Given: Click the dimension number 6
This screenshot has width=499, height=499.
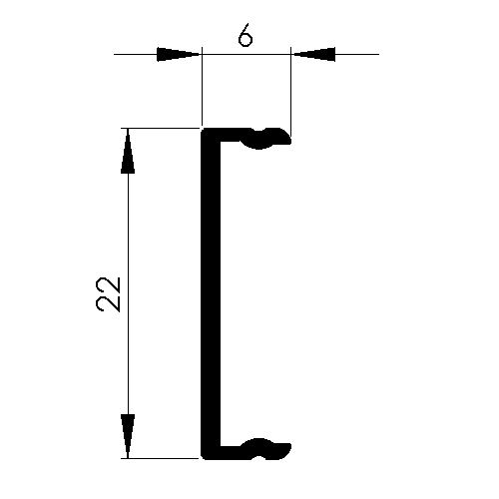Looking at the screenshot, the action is pos(246,35).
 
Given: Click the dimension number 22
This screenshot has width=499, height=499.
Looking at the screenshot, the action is pos(108,294).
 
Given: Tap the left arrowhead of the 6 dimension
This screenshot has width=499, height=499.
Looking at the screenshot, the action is pos(179,54).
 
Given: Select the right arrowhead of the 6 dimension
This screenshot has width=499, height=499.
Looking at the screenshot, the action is pos(313,54).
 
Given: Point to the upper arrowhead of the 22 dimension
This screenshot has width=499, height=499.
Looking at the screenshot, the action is pos(128,151).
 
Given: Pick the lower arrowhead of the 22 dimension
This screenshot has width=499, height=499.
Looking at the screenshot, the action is pos(128,436).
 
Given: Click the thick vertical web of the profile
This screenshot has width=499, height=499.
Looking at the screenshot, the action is pos(211,293).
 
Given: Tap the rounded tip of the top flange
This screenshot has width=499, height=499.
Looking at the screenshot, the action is pos(288,138).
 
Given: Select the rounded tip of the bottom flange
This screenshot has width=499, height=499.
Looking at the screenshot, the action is pos(288,450).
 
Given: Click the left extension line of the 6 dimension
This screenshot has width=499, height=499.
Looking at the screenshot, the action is pos(202,86).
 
